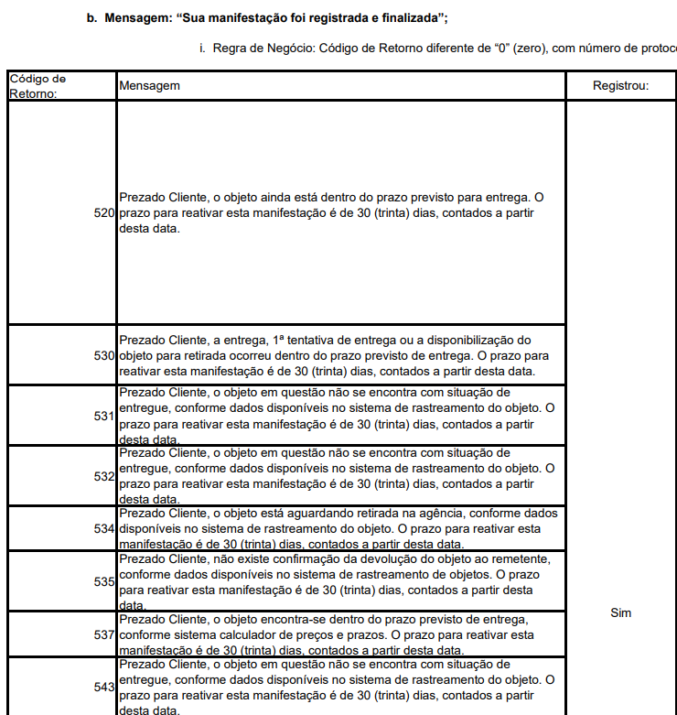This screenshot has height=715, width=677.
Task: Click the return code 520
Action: point(103,212)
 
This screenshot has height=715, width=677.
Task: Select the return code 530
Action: point(103,355)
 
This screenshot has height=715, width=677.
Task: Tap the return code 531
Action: point(103,417)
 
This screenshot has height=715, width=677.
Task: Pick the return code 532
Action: point(103,476)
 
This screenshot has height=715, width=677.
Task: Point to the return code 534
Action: point(103,528)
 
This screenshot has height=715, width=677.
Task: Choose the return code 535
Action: point(103,581)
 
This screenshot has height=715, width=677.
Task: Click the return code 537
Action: point(103,634)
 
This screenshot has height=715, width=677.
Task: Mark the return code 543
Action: point(103,687)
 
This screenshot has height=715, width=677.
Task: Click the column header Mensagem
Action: point(149,85)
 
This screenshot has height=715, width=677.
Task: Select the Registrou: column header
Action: point(620,85)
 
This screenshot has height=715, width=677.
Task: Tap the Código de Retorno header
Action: point(38,85)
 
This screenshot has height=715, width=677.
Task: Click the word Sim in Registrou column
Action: point(620,612)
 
